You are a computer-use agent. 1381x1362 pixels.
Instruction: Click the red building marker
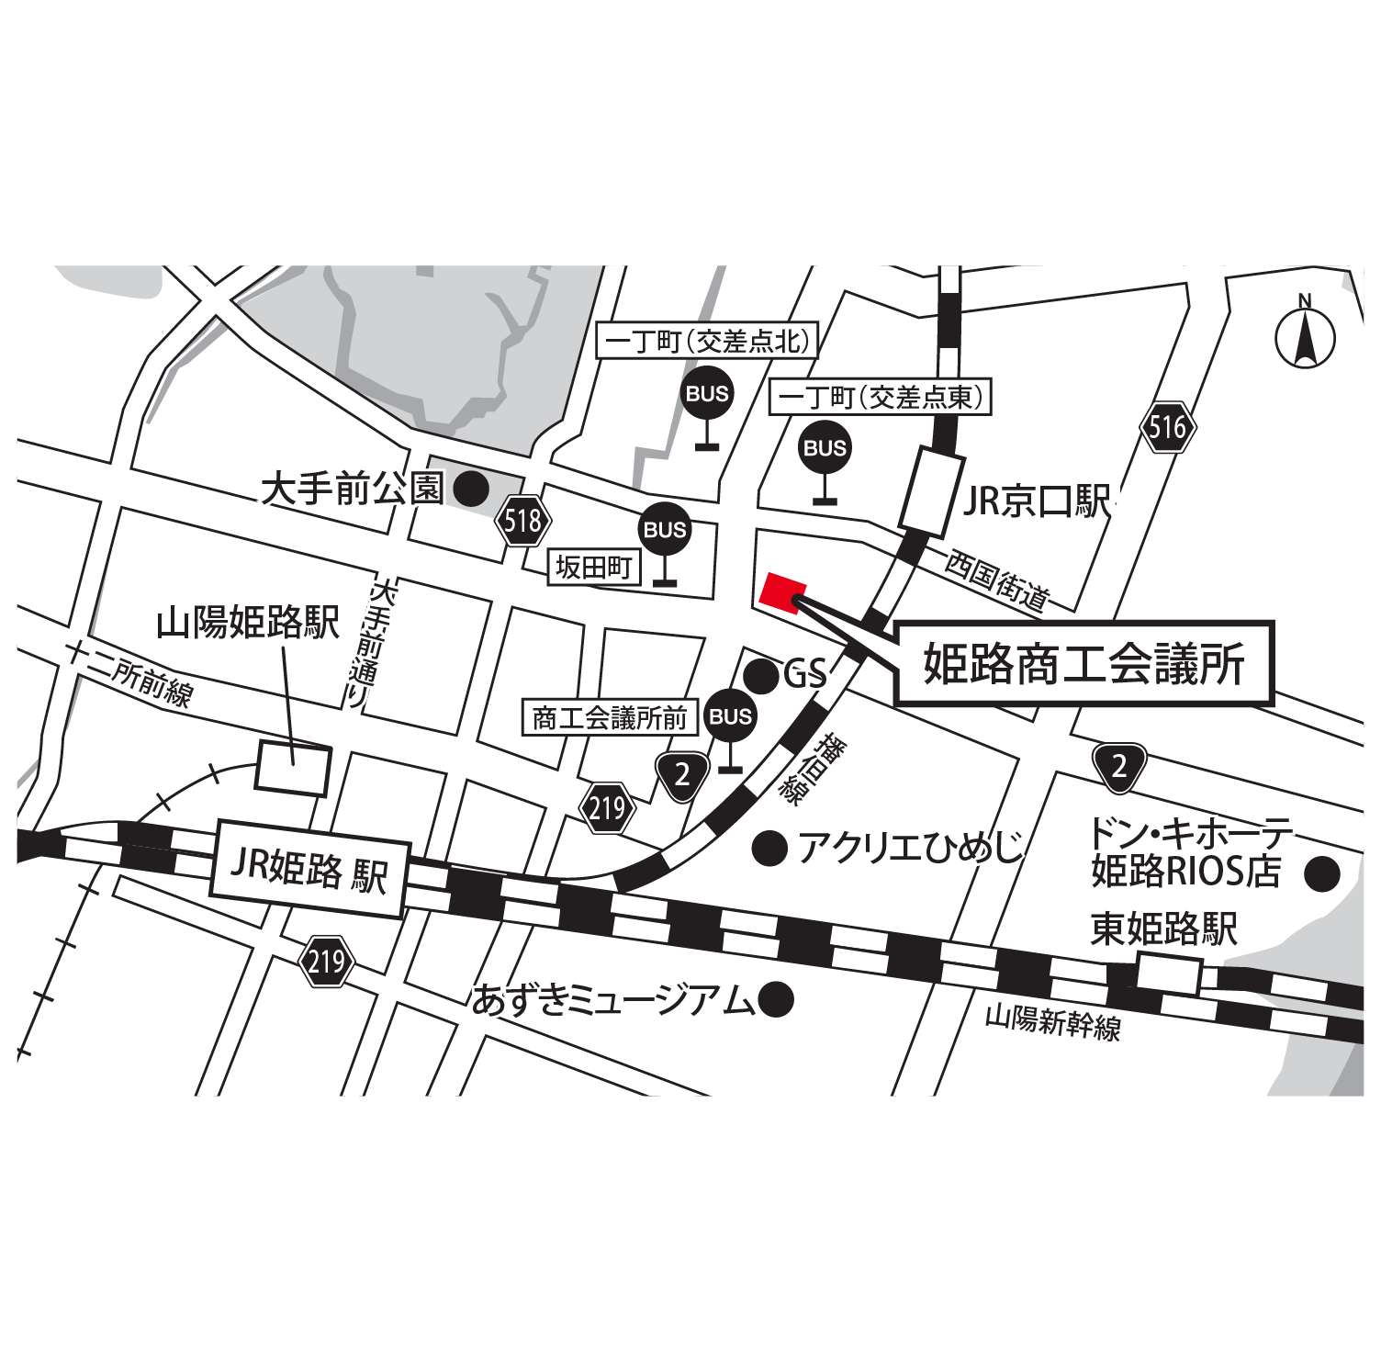pyautogui.click(x=782, y=591)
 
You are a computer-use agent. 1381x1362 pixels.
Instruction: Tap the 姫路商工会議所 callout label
pyautogui.click(x=1083, y=663)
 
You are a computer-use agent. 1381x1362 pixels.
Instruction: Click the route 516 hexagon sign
pyautogui.click(x=1168, y=427)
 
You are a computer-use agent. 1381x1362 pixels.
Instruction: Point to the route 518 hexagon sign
pyautogui.click(x=522, y=521)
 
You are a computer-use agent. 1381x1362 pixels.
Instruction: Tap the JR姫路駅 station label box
pyautogui.click(x=309, y=869)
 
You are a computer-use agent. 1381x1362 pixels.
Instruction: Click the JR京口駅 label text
pyautogui.click(x=1036, y=501)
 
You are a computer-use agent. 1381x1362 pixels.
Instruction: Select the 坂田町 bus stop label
pyautogui.click(x=593, y=568)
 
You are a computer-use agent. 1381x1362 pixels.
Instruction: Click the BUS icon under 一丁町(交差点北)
pyautogui.click(x=706, y=393)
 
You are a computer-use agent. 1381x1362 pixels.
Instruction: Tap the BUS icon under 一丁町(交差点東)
pyautogui.click(x=824, y=447)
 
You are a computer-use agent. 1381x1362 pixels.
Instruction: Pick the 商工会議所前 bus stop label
pyautogui.click(x=609, y=717)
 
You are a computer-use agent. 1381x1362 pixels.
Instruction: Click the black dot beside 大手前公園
pyautogui.click(x=472, y=489)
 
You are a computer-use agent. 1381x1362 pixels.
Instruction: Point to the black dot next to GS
pyautogui.click(x=761, y=676)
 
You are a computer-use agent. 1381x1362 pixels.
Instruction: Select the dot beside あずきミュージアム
pyautogui.click(x=776, y=999)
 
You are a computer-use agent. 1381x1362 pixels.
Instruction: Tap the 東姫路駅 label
pyautogui.click(x=1163, y=929)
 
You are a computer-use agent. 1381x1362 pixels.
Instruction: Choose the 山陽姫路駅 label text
pyautogui.click(x=247, y=623)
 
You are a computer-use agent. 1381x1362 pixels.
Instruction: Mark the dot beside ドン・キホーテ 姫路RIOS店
pyautogui.click(x=1322, y=873)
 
